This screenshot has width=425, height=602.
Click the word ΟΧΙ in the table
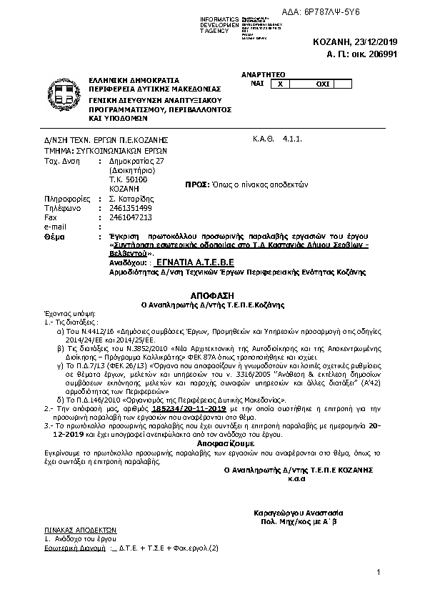(322, 84)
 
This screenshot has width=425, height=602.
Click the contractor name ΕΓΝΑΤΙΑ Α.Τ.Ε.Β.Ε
(196, 262)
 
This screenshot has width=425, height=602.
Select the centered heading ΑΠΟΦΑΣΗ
(212, 295)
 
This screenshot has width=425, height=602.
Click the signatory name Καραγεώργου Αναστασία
(299, 513)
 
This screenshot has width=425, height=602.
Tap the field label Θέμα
(53, 235)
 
